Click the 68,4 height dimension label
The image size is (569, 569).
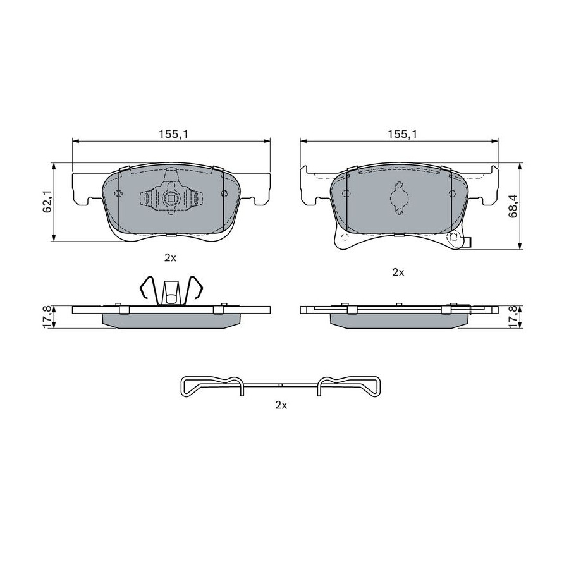pyautogui.click(x=513, y=205)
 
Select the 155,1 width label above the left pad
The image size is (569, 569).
pyautogui.click(x=174, y=134)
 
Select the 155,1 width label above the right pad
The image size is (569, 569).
pyautogui.click(x=403, y=134)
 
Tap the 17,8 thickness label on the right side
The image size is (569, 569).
pyautogui.click(x=513, y=317)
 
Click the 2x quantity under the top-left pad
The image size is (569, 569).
pyautogui.click(x=170, y=258)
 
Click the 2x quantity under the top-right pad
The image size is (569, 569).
pyautogui.click(x=398, y=272)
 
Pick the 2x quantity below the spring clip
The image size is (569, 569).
pyautogui.click(x=281, y=405)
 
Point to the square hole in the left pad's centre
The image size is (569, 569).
pyautogui.click(x=171, y=198)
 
